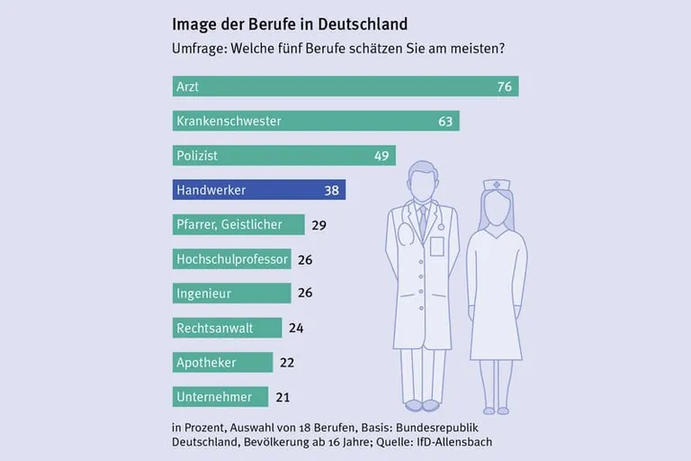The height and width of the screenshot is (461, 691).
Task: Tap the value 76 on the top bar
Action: click(x=504, y=86)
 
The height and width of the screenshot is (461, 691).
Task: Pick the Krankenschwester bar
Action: click(x=316, y=121)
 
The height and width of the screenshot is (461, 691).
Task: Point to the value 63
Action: click(x=445, y=121)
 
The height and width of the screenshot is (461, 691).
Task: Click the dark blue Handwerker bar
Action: click(x=259, y=190)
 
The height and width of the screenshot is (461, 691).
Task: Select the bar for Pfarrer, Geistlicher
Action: click(x=237, y=224)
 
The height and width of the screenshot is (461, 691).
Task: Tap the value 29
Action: click(x=318, y=224)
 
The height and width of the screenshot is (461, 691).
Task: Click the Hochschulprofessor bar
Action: click(x=231, y=259)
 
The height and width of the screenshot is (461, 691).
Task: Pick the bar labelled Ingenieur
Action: click(x=231, y=294)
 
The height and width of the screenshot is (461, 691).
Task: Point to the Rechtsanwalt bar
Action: click(x=227, y=328)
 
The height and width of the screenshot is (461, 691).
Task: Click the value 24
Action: click(x=296, y=328)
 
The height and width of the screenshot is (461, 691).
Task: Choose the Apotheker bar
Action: click(x=222, y=362)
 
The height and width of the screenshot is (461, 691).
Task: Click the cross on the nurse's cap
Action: click(x=498, y=185)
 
